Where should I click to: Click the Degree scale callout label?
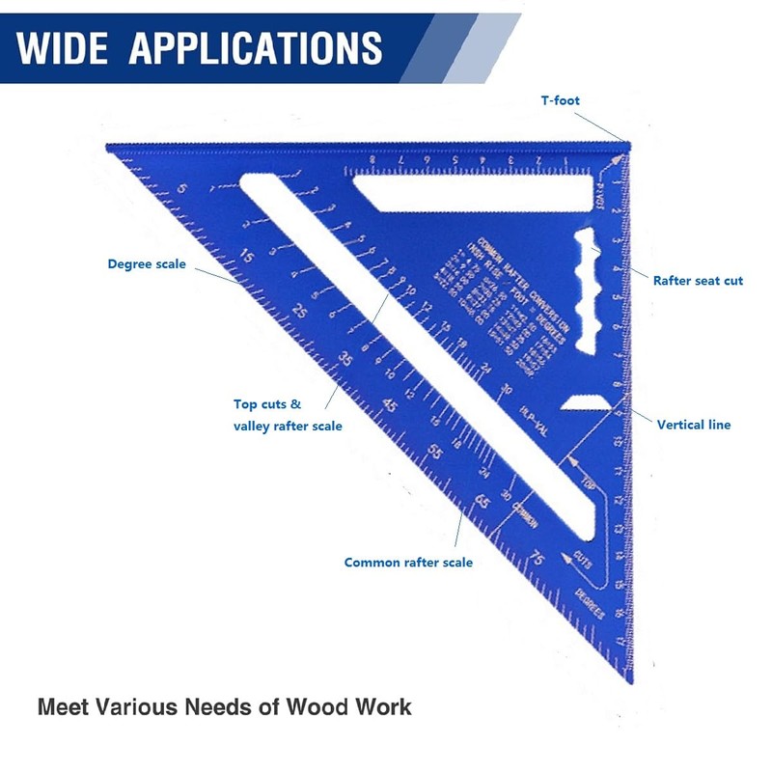pyautogui.click(x=147, y=263)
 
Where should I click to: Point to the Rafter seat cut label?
pyautogui.click(x=698, y=281)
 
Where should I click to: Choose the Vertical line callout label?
pyautogui.click(x=693, y=424)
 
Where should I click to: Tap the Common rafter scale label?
pyautogui.click(x=408, y=562)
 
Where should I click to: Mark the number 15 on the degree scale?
pyautogui.click(x=248, y=258)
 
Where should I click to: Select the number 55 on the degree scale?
pyautogui.click(x=435, y=452)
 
